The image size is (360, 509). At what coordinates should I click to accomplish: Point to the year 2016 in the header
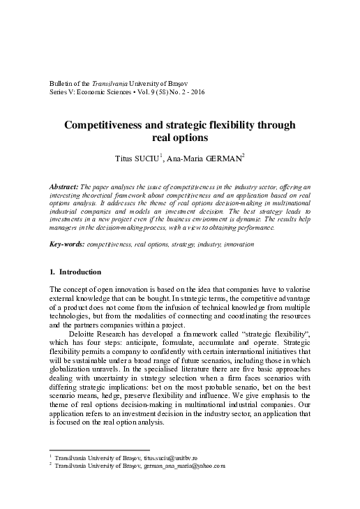[195, 92]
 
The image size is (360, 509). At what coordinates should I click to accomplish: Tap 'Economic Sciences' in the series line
[98, 92]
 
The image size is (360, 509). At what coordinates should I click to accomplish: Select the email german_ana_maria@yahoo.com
[184, 465]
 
